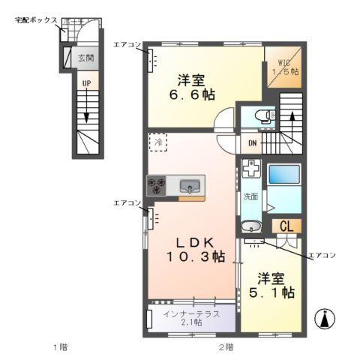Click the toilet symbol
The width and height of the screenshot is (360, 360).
(259, 115)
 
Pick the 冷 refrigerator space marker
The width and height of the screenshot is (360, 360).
(159, 140)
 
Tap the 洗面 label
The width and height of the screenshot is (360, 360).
(250, 196)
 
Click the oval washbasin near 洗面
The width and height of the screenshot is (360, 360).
(250, 225)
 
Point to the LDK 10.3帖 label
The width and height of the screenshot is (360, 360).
(196, 249)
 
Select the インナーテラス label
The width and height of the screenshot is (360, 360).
(192, 314)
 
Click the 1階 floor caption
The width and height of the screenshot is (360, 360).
(59, 346)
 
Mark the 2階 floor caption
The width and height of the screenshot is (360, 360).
(225, 346)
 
